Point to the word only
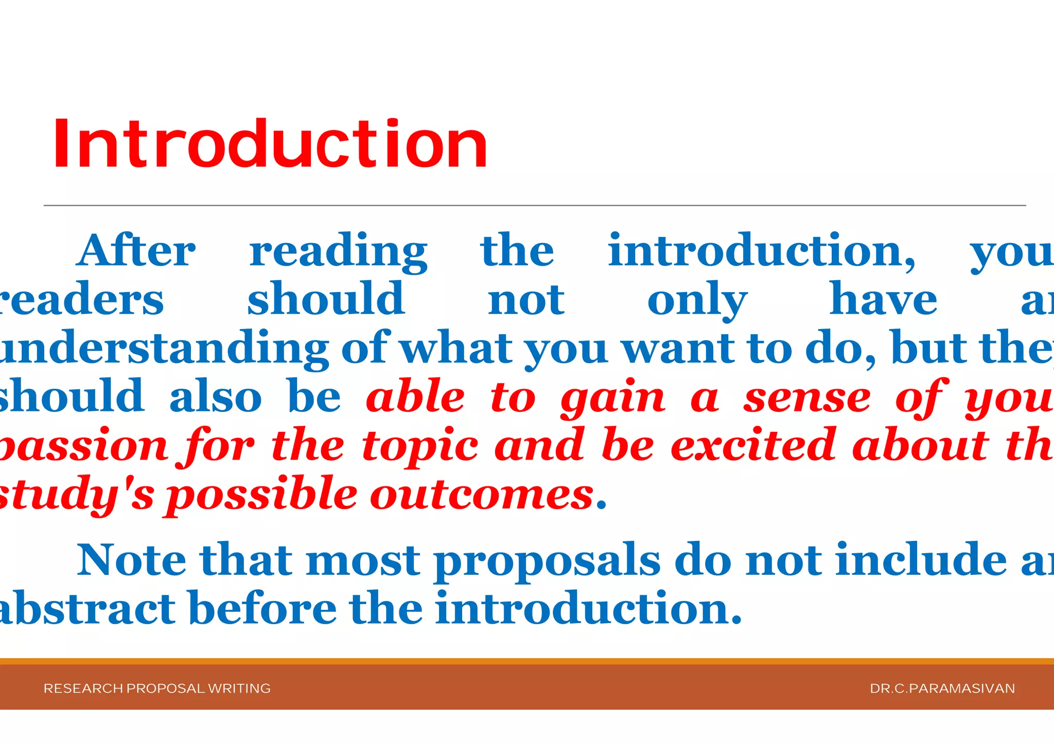click(x=697, y=300)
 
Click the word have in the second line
click(x=883, y=299)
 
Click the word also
click(x=215, y=397)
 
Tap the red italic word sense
click(x=806, y=398)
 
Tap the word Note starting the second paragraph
click(x=132, y=560)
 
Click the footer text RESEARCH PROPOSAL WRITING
click(x=157, y=688)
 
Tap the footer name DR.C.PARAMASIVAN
click(x=942, y=688)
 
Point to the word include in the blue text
click(x=921, y=560)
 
